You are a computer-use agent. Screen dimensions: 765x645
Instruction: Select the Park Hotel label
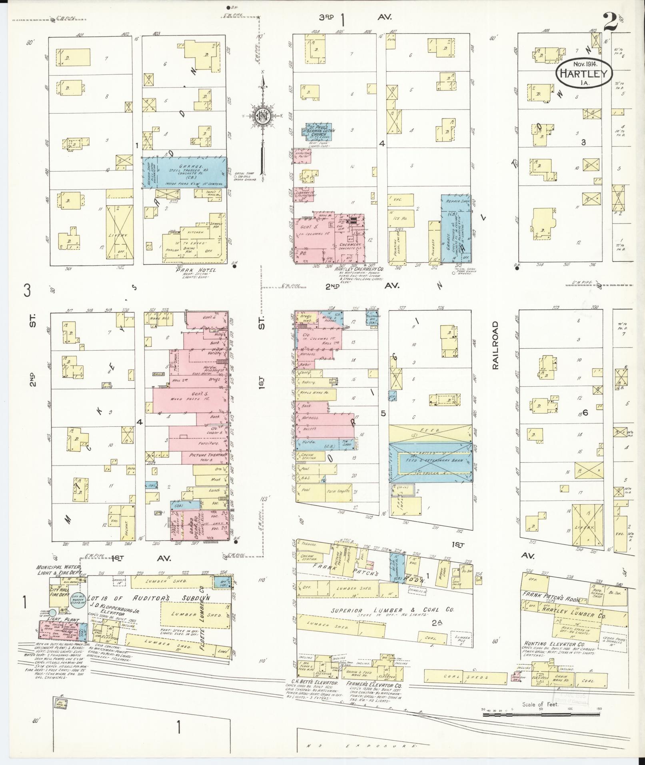tap(196, 270)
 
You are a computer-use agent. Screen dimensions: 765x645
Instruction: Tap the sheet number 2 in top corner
tap(610, 22)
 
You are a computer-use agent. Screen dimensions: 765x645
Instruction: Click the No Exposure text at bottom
tap(362, 747)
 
